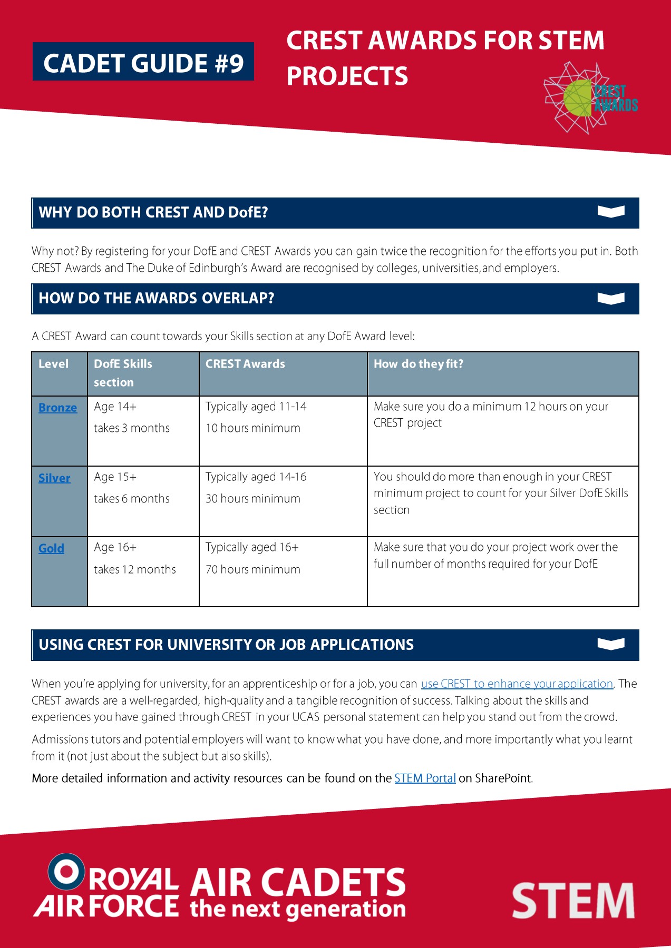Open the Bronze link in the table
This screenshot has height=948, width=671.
[57, 408]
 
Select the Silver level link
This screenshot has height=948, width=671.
[54, 478]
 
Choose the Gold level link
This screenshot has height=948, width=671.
[51, 548]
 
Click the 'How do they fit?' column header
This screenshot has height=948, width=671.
[418, 364]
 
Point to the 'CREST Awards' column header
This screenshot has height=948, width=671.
[245, 364]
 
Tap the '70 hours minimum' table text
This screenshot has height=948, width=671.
[253, 569]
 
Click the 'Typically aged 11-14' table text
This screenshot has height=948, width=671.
[256, 407]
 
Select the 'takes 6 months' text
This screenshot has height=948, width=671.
[132, 499]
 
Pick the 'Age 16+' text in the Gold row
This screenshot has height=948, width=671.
[115, 547]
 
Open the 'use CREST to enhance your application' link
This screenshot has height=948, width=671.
[517, 684]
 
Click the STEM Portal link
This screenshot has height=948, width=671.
[425, 778]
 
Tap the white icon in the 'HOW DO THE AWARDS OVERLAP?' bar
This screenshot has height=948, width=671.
[611, 299]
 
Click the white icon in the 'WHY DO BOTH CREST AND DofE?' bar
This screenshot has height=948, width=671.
[611, 212]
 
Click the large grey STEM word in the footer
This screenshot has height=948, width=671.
[573, 901]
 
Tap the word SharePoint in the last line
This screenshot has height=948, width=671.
[503, 778]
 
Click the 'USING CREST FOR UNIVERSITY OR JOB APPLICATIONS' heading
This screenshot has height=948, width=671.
[226, 645]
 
